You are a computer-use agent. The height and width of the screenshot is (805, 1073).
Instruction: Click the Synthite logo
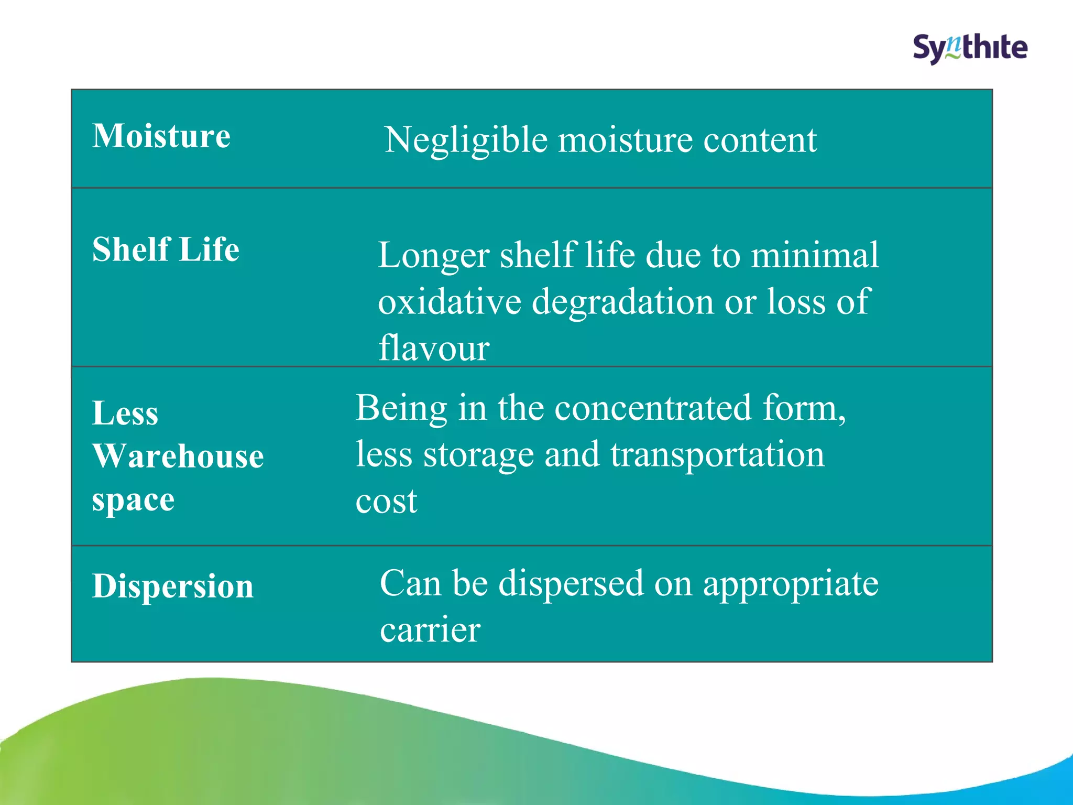[970, 49]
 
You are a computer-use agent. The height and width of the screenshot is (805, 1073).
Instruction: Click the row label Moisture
[161, 136]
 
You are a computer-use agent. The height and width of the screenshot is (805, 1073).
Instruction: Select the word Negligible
[466, 140]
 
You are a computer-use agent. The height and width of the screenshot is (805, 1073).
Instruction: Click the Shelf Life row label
[166, 249]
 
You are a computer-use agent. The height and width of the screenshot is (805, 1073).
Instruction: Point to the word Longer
[433, 256]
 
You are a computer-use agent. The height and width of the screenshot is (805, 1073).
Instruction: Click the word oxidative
[450, 302]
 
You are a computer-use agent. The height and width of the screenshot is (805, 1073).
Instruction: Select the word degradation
[622, 303]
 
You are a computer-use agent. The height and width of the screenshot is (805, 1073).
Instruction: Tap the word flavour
[434, 348]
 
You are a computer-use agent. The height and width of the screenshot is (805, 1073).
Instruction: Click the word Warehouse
[178, 456]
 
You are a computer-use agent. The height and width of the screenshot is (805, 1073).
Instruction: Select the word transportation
[717, 454]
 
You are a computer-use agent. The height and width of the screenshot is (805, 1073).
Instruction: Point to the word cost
[386, 502]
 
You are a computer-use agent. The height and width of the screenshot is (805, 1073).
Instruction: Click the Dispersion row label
[173, 586]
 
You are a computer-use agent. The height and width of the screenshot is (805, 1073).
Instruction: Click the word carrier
[430, 630]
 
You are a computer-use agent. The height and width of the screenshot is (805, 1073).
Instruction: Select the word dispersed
[571, 583]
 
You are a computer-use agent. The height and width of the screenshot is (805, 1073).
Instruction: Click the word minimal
[815, 256]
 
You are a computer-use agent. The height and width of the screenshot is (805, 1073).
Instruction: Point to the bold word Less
[125, 413]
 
